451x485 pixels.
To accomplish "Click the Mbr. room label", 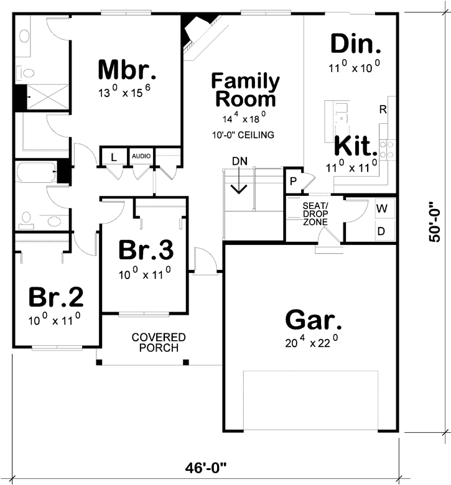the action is click(127, 70).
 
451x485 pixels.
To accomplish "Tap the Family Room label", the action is click(246, 90).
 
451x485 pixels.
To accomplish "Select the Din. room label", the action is click(356, 44).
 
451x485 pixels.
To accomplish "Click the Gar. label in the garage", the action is click(314, 320).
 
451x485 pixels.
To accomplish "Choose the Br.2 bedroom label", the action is click(56, 297).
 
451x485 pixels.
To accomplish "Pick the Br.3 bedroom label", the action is click(146, 250).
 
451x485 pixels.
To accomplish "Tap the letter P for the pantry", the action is click(293, 182).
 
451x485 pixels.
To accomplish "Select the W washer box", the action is click(385, 208).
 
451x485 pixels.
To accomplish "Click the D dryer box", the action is click(385, 230).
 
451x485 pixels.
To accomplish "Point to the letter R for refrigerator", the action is click(383, 109).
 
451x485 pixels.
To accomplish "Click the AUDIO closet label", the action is click(141, 156).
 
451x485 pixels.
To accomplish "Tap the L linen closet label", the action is click(114, 158).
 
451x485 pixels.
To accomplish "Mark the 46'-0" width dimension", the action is click(206, 468).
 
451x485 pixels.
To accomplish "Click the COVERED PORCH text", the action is click(159, 343).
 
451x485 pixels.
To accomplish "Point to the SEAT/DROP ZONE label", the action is click(315, 214).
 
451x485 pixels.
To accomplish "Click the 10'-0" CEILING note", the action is click(243, 135).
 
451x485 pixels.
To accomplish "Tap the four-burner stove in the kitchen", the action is click(387, 149).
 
